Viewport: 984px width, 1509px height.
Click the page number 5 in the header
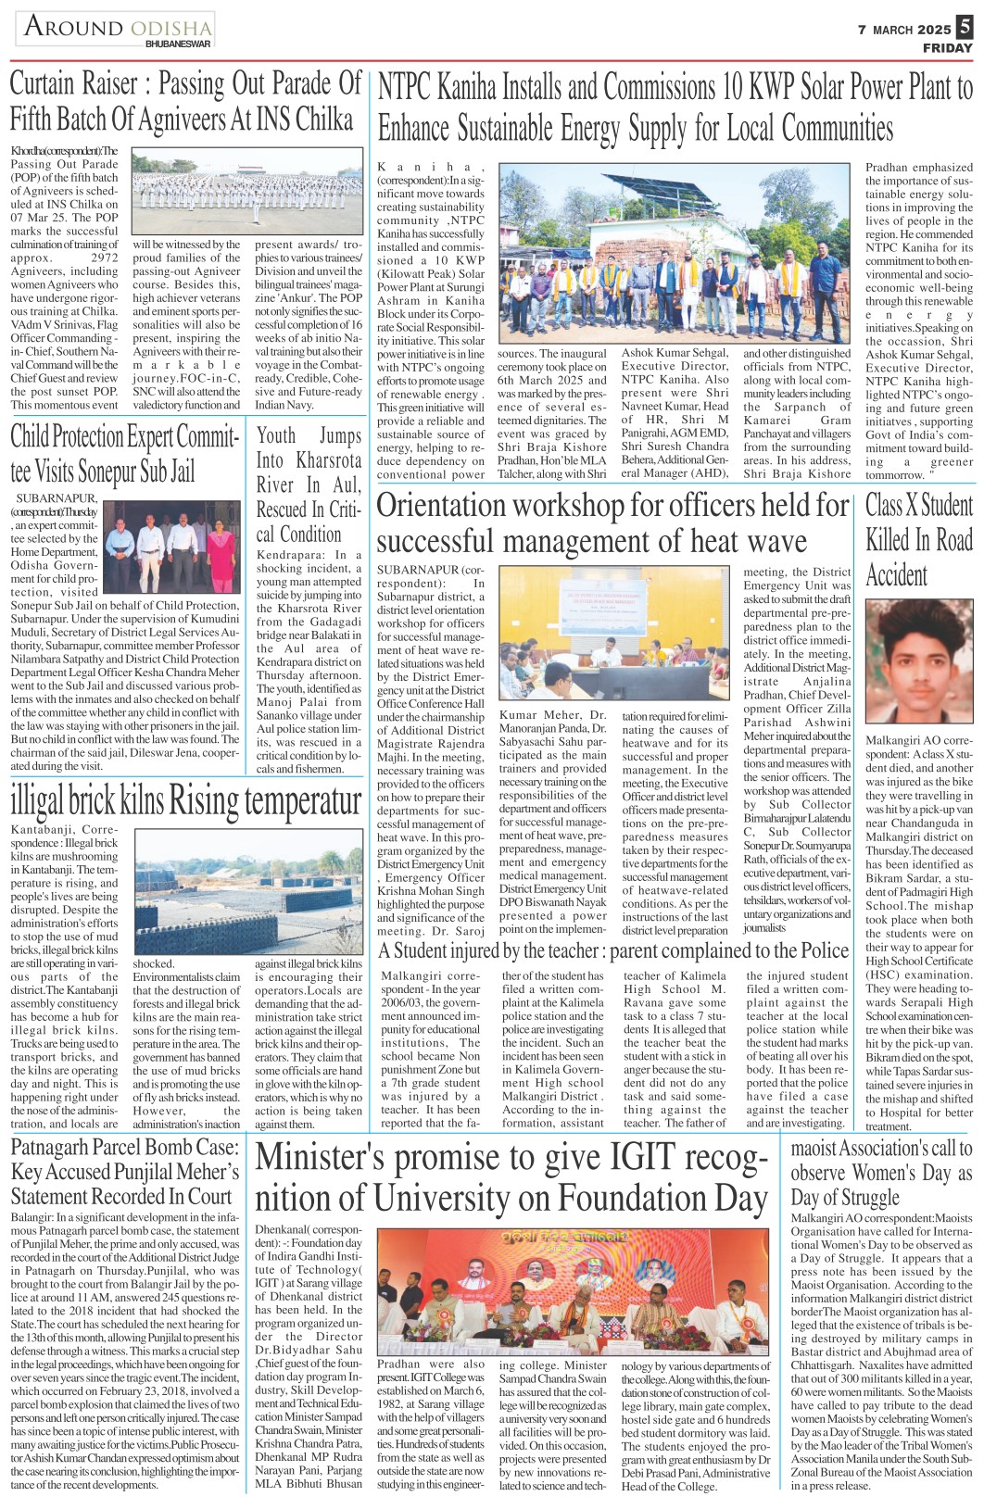coord(965,29)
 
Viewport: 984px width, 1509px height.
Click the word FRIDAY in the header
coord(947,48)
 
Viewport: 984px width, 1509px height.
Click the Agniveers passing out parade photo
coord(246,193)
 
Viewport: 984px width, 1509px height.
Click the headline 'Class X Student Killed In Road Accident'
coord(918,539)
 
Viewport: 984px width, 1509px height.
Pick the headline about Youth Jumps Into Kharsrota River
coord(309,484)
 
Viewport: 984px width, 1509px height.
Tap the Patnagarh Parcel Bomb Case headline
coord(124,1171)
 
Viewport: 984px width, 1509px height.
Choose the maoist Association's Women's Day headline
coord(880,1172)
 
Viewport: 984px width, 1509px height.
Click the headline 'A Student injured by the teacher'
coord(612,950)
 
